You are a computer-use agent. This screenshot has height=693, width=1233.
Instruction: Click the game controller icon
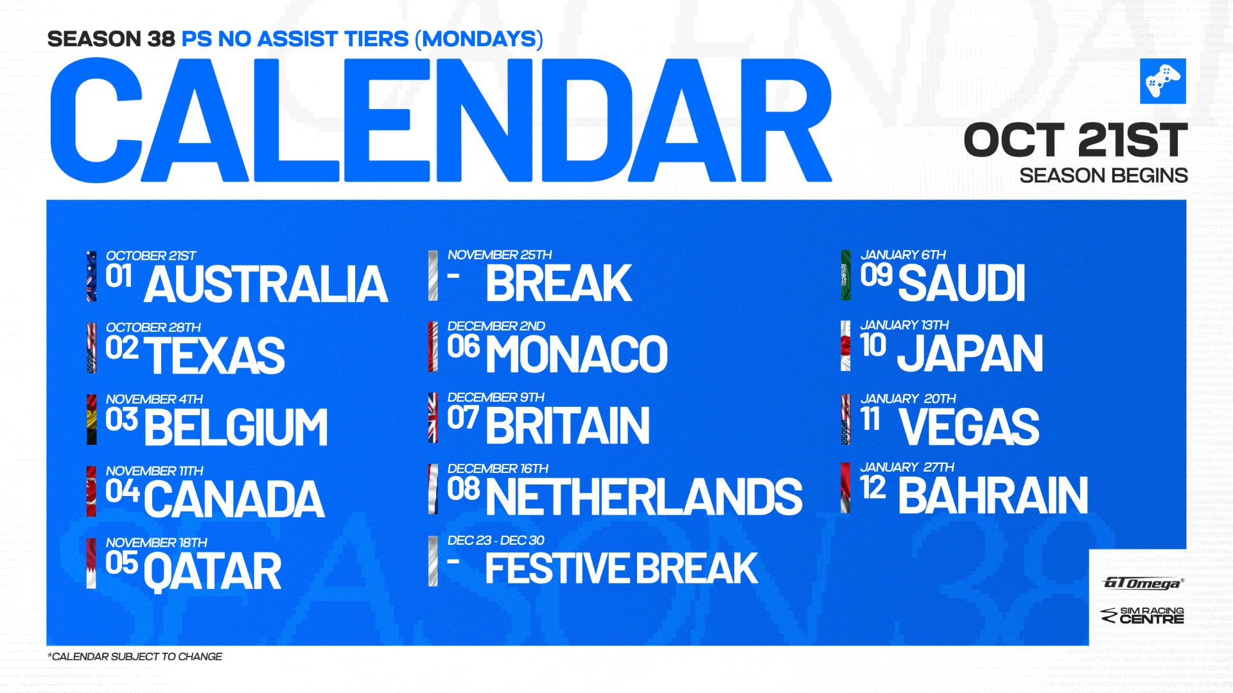click(x=1163, y=81)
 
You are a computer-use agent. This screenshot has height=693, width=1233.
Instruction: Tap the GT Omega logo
click(x=1143, y=583)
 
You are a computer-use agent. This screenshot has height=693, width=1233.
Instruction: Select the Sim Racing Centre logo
click(x=1142, y=615)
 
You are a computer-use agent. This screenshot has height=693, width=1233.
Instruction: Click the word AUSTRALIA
click(x=266, y=284)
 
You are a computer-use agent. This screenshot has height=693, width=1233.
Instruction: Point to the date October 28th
click(x=153, y=327)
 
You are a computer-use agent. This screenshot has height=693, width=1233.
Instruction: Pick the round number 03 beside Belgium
click(x=121, y=420)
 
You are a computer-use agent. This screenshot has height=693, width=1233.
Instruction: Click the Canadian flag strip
click(x=91, y=491)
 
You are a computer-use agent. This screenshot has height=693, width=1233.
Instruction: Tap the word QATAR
click(x=213, y=571)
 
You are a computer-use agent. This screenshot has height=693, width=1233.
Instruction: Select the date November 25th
click(x=500, y=255)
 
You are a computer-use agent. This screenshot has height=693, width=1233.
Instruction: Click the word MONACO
click(x=577, y=354)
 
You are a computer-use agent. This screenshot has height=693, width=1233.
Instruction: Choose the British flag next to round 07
click(x=433, y=418)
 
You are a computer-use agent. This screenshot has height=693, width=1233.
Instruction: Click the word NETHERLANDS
click(x=644, y=497)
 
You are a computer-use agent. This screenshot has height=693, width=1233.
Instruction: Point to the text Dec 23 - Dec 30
click(x=496, y=540)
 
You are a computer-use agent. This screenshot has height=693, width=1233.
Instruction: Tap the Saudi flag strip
click(x=846, y=275)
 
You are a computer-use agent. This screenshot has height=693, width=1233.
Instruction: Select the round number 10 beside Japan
click(x=873, y=345)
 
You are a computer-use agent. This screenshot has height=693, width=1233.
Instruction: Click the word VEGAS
click(x=969, y=426)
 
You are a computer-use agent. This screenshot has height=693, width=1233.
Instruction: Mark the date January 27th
click(x=907, y=467)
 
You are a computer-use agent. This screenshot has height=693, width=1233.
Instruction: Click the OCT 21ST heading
click(x=1076, y=140)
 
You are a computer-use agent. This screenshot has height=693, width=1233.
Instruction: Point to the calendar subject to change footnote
click(x=135, y=656)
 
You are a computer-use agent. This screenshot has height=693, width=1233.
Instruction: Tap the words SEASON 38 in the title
click(x=111, y=39)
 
